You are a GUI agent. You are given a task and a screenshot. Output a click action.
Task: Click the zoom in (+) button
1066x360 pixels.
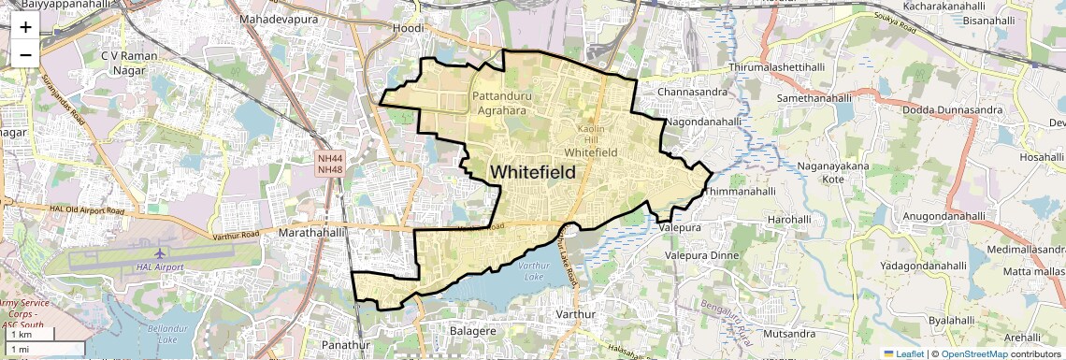coord(25,26)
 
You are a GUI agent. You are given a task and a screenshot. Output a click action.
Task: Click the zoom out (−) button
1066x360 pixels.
coord(25,54)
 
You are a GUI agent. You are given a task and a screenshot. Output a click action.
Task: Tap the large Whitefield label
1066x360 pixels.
coord(532,172)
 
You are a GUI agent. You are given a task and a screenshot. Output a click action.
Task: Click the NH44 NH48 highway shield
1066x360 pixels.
coord(330,164)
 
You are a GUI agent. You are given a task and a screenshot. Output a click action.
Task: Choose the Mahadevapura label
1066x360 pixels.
coord(278,19)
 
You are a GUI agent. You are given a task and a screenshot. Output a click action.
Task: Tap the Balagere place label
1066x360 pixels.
coord(472,330)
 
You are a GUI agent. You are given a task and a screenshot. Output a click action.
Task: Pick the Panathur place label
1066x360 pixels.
coord(339,345)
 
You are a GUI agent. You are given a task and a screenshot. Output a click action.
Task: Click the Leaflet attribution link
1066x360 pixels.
coord(902,353)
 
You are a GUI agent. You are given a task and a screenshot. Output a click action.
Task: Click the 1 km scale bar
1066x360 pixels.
coord(28,334)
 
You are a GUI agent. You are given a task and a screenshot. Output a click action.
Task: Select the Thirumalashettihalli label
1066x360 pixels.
coord(777,68)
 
